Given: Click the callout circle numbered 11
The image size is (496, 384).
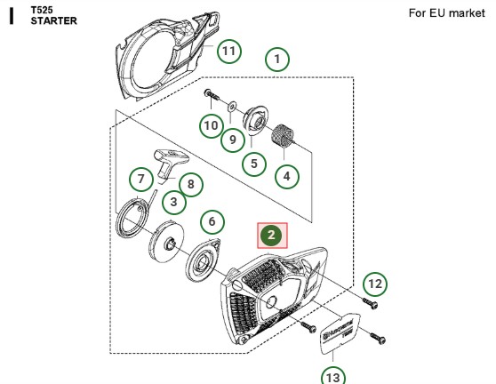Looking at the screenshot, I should pyautogui.click(x=229, y=50).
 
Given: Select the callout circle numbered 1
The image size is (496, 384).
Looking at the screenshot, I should pyautogui.click(x=277, y=60).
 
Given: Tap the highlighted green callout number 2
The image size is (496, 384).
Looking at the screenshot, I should pyautogui.click(x=272, y=236).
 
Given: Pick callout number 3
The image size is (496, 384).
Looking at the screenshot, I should pyautogui.click(x=174, y=202).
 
